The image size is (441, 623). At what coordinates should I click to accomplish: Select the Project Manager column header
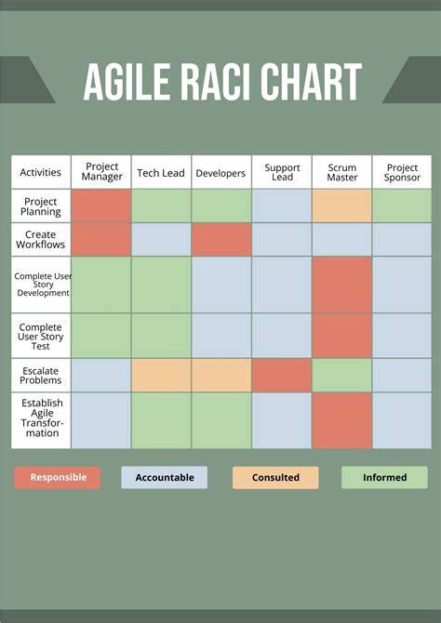point(101,172)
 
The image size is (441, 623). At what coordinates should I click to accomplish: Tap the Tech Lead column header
point(161,172)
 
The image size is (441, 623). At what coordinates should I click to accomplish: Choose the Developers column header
point(221,172)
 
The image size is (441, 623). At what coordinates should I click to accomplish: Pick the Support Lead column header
point(282,172)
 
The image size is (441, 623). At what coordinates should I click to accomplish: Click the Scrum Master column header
point(341,172)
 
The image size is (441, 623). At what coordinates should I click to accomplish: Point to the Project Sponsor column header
point(402,172)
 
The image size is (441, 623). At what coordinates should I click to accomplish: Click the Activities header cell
point(41,172)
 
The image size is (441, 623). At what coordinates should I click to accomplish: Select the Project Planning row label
point(41,205)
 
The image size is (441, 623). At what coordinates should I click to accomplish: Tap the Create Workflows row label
point(41,239)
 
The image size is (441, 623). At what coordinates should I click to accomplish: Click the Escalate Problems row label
point(41,375)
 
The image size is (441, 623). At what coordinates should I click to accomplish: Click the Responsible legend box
point(58,477)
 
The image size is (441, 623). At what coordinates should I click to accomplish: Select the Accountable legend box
point(165,477)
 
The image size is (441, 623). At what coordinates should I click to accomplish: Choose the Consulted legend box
point(275,477)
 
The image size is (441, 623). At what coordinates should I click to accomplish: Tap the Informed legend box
point(384,477)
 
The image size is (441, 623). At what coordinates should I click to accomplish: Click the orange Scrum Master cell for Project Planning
point(341,205)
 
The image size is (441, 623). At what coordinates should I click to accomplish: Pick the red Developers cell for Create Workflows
point(221,239)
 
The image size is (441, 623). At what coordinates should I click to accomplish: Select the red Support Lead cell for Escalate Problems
point(282,375)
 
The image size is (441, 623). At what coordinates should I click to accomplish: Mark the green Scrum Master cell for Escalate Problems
point(341,375)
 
